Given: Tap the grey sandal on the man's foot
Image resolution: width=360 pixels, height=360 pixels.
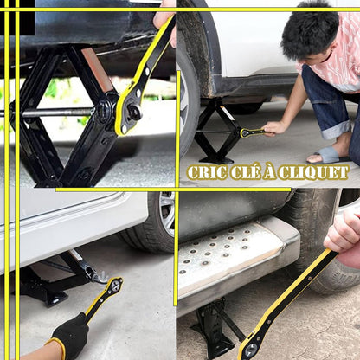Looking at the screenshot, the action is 328,155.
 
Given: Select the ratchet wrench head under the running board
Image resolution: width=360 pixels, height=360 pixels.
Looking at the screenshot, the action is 249,348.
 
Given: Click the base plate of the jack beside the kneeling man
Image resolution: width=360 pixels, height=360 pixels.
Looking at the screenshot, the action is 217,160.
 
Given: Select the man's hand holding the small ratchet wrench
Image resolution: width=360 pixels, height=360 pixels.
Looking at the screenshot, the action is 273,128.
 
